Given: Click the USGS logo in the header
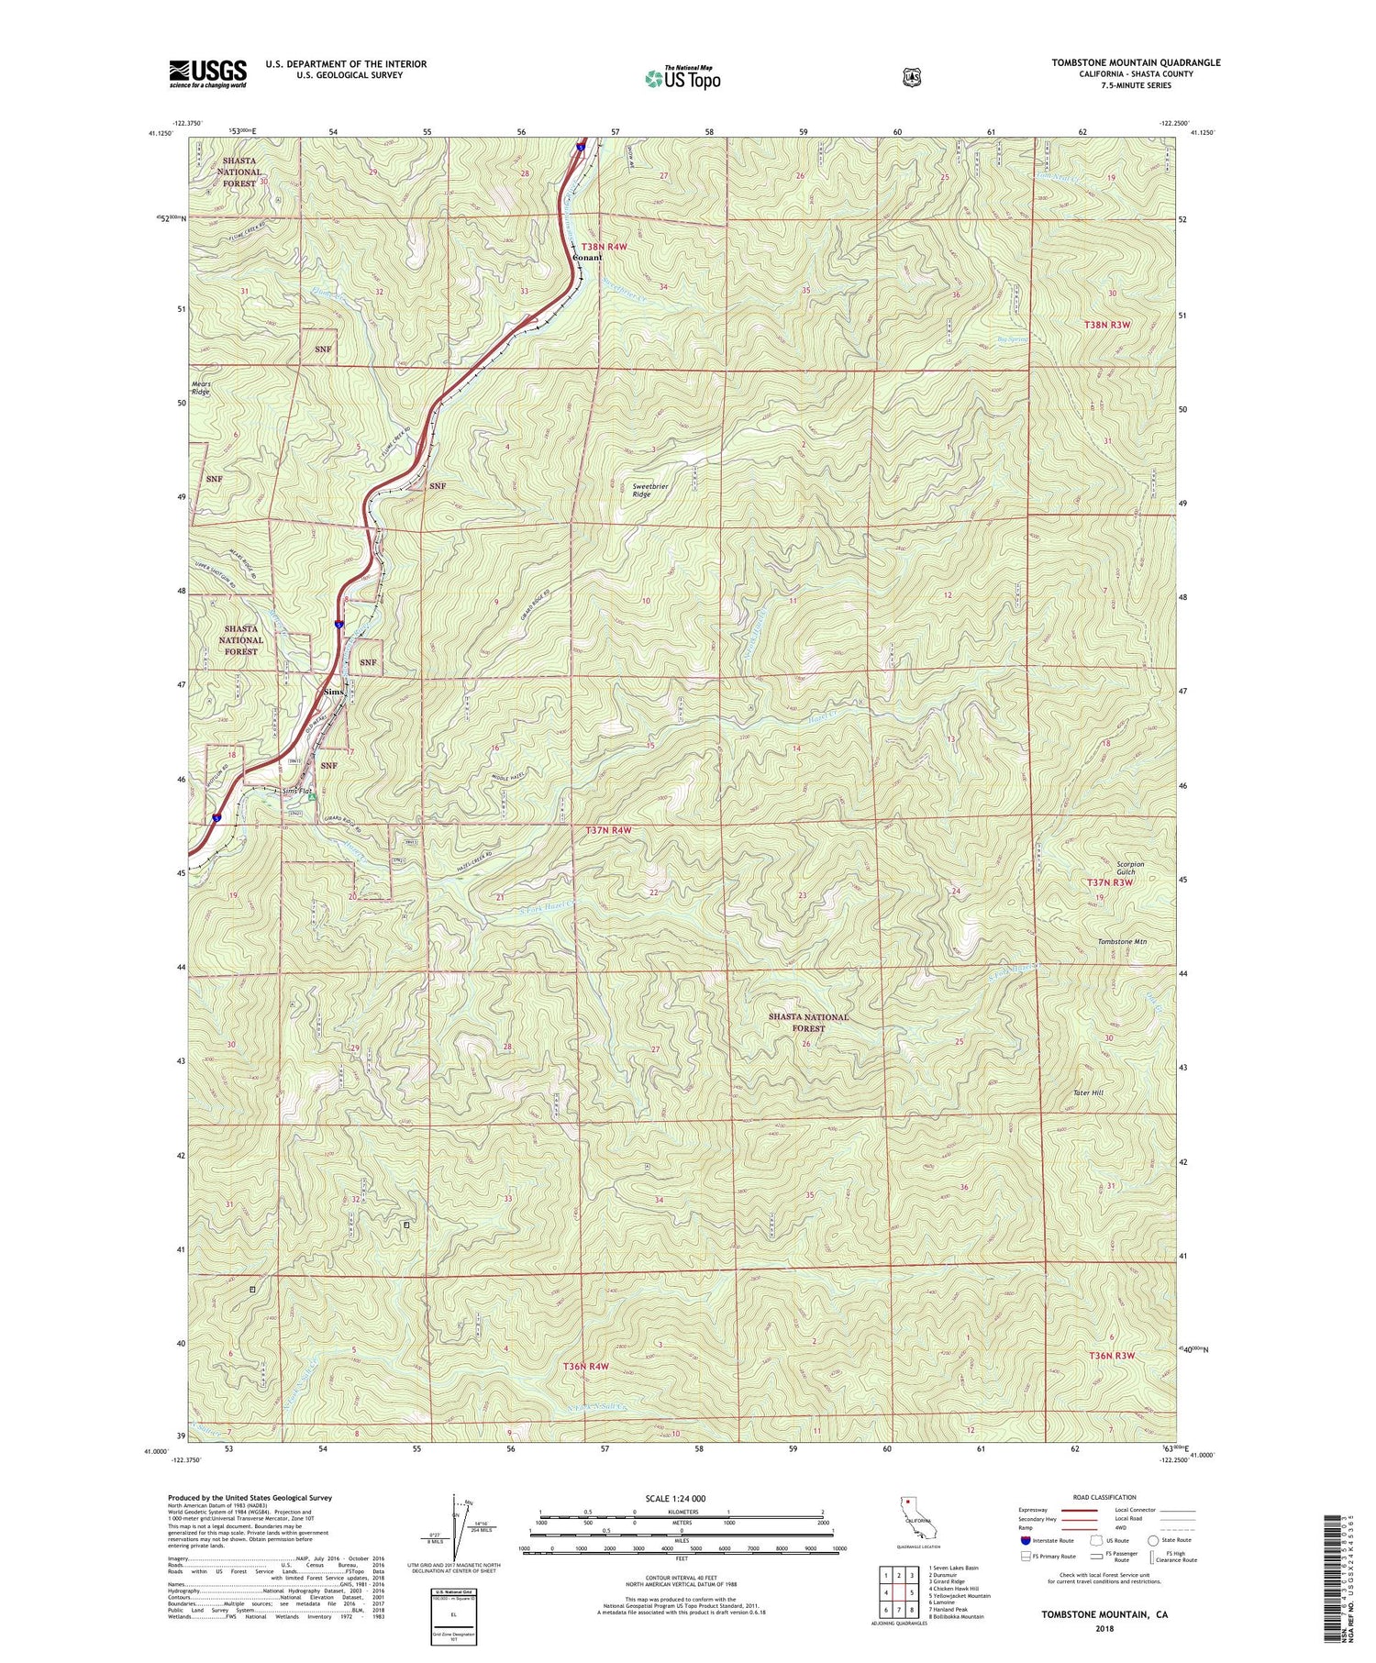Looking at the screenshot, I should (207, 73).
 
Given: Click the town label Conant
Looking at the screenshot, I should (587, 258).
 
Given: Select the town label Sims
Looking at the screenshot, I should (332, 692).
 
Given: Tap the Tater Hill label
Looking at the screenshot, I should (1088, 1092).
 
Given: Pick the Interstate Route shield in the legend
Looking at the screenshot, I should (1025, 1540).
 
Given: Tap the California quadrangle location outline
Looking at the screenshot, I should (916, 1518).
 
